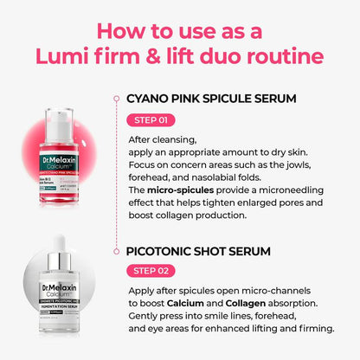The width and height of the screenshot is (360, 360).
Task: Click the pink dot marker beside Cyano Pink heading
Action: tap(115, 98)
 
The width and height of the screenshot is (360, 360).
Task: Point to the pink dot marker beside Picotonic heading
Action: tap(115, 251)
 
